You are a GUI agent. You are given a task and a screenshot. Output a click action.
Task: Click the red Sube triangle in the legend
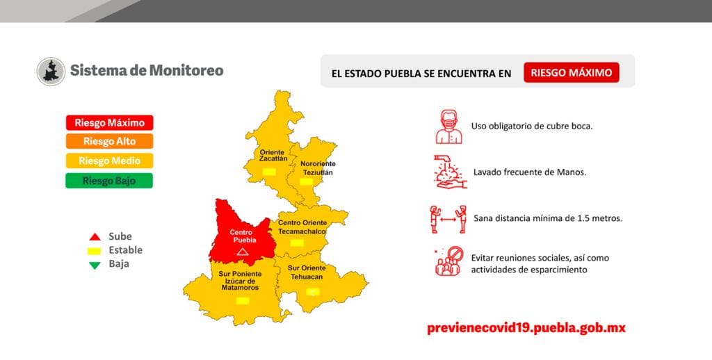pyautogui.click(x=95, y=237)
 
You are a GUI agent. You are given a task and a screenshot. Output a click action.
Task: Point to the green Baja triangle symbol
pyautogui.click(x=95, y=264)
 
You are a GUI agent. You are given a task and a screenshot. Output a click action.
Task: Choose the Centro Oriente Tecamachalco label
pyautogui.click(x=302, y=227)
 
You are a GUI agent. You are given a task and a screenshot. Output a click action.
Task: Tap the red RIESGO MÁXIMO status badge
pyautogui.click(x=571, y=72)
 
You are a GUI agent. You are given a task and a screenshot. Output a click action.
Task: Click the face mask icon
pyautogui.click(x=448, y=126)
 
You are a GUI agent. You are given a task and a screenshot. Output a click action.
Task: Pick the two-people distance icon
pyautogui.click(x=448, y=218)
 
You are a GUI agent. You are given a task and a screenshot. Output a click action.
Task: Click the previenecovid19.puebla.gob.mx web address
pyautogui.click(x=526, y=328)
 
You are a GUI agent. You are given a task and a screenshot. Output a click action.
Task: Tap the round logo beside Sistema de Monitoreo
pyautogui.click(x=51, y=72)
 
